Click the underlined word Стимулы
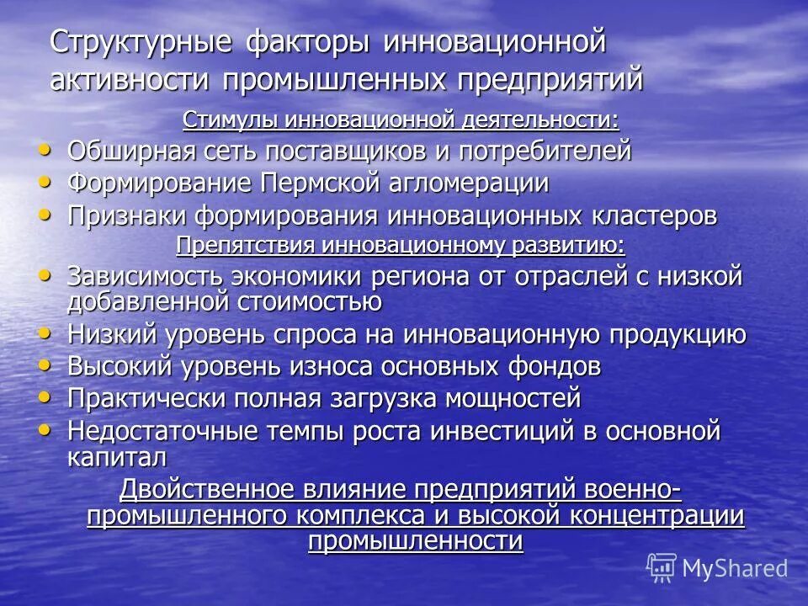[231, 120]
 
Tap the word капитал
[117, 457]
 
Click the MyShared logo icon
[662, 568]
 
